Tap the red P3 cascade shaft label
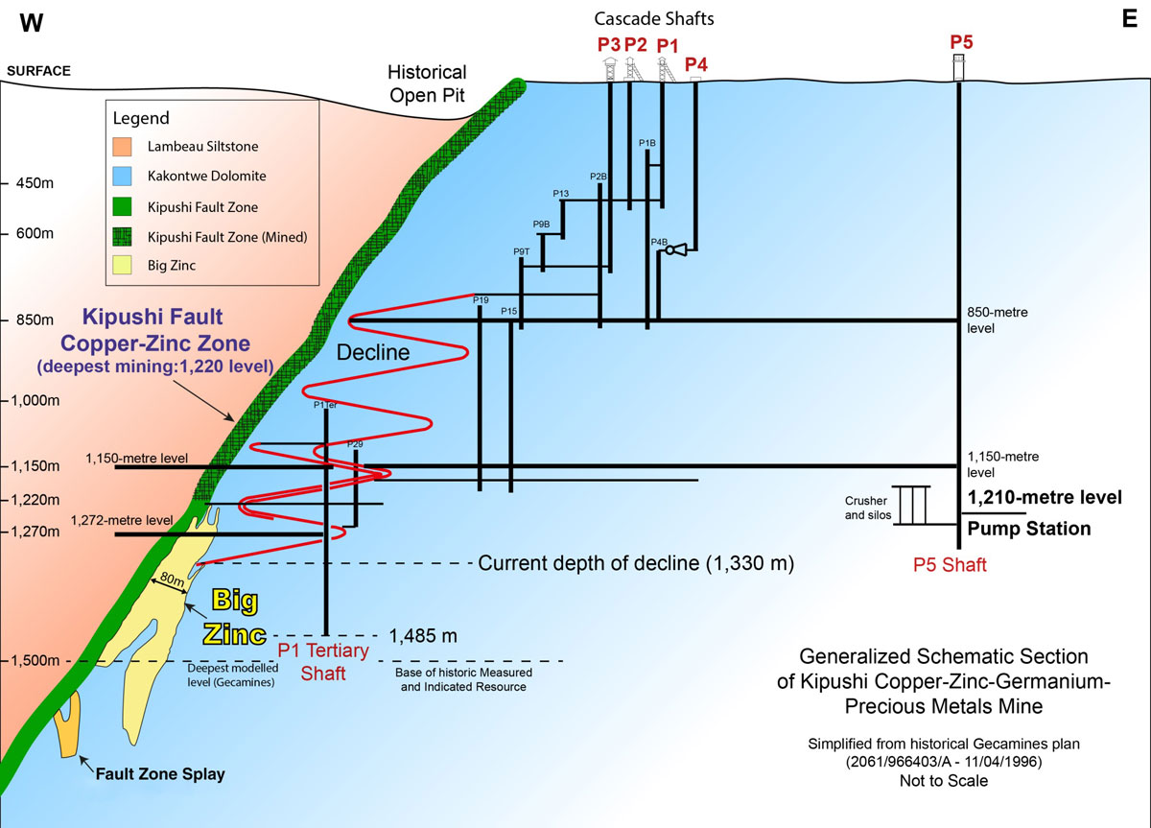point(609,44)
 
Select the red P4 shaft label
point(697,64)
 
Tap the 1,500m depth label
point(34,660)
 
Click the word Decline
point(372,352)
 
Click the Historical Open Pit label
point(427,82)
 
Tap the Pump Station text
point(1027,529)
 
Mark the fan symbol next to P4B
point(674,250)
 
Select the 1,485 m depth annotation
point(423,636)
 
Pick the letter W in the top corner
point(32,24)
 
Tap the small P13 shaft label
point(561,194)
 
